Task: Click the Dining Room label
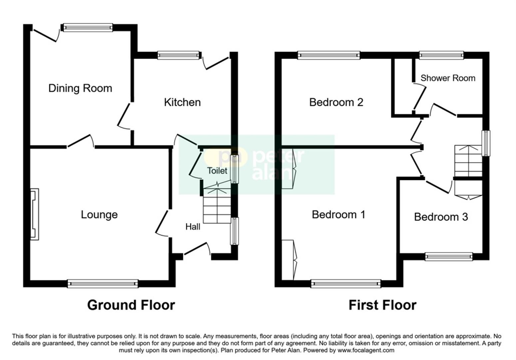tap(80, 88)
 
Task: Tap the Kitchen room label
tap(182, 102)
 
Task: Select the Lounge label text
tap(99, 215)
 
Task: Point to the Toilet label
tap(217, 171)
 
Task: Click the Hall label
tap(193, 227)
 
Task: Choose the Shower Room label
tap(447, 78)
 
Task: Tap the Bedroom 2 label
tap(336, 102)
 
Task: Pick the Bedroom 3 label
tap(441, 217)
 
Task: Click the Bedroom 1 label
tap(338, 214)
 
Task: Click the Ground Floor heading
tap(131, 305)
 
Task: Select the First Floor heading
tap(382, 305)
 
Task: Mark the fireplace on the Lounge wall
tap(34, 214)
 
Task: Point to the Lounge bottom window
tap(103, 284)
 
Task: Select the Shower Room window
tap(441, 55)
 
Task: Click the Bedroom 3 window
tap(448, 256)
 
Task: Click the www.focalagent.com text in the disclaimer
tap(366, 350)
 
